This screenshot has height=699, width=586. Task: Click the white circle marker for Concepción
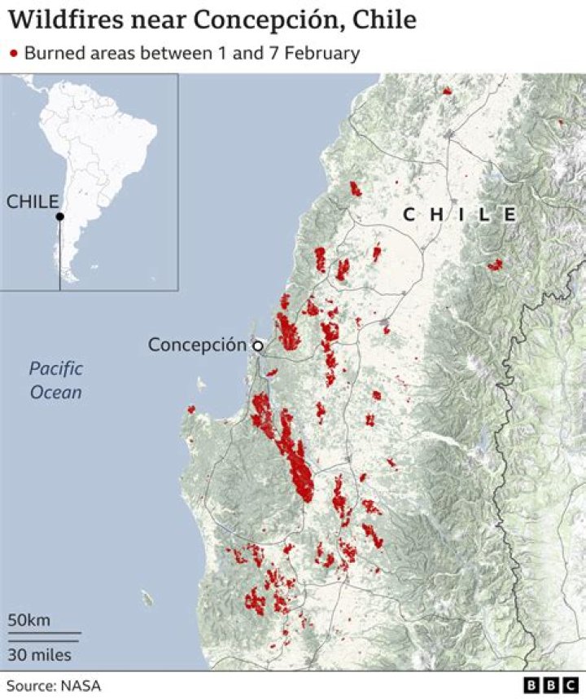point(258,346)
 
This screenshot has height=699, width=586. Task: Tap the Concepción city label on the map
point(196,345)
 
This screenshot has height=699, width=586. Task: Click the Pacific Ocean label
point(56,380)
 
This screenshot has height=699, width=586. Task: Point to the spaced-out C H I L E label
point(460,214)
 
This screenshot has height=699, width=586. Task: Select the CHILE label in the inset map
point(33,202)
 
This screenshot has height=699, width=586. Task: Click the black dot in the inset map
point(59,217)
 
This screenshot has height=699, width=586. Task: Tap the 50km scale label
point(29,621)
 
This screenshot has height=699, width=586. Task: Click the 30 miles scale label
point(40,654)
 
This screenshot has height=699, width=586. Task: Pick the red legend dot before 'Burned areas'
point(13,55)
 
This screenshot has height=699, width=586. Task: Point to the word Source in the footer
point(29,686)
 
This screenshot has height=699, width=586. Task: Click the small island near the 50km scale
point(147,599)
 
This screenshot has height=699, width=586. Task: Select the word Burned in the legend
point(52,54)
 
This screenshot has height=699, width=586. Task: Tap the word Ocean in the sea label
point(56,392)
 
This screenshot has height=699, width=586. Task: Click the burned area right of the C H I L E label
point(495,265)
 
